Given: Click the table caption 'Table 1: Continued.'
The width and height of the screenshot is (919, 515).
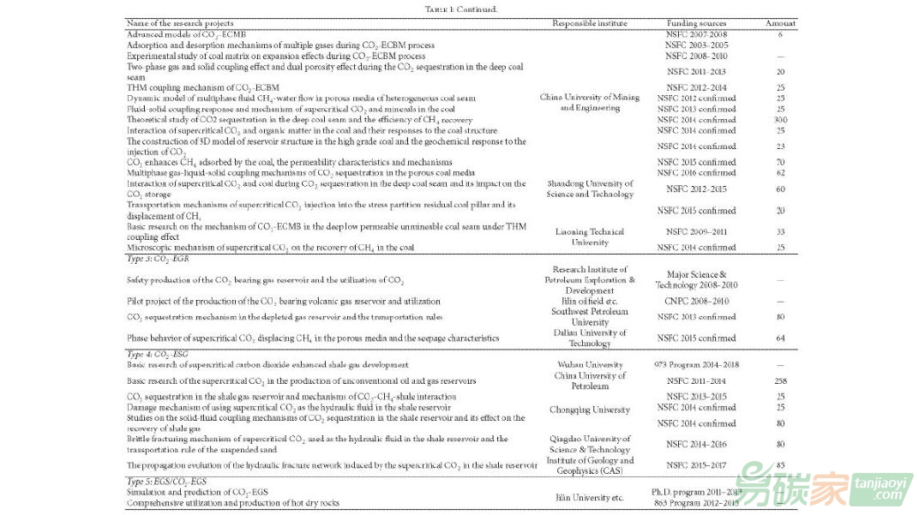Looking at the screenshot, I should pos(460,9).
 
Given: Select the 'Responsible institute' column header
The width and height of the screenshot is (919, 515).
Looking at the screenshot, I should pos(589,23).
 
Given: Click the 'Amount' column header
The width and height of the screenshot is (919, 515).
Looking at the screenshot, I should pos(780,23).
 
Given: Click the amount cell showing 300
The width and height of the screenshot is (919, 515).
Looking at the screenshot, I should pos(780,120).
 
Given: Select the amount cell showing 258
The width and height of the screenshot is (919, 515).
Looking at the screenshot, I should pos(780,380).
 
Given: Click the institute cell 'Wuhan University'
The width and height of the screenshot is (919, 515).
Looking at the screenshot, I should pos(589,364).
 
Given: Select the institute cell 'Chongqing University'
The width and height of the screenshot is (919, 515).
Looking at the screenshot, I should pos(589,410).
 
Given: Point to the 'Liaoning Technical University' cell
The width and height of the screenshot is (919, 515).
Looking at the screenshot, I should pos(589,237).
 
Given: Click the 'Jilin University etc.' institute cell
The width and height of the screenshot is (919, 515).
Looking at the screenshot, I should pos(589,497).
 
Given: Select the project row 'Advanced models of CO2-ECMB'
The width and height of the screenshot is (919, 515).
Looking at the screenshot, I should pos(177,34).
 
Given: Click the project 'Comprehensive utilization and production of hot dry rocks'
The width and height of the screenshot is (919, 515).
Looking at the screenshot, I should pos(232,503).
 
